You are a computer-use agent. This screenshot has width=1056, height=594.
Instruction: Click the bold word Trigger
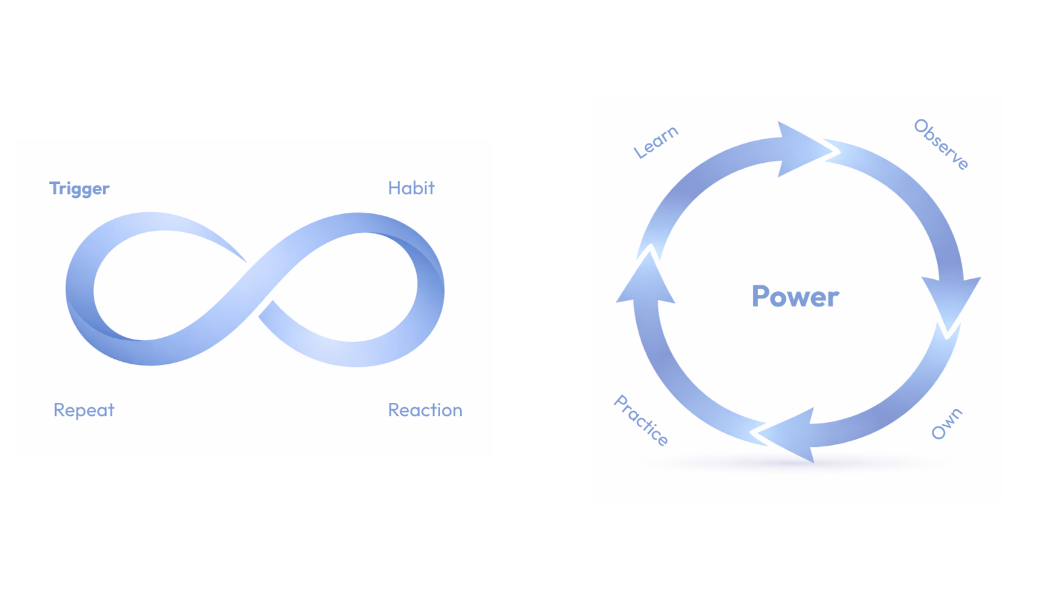point(79,189)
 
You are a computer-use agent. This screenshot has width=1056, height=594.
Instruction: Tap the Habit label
point(411,188)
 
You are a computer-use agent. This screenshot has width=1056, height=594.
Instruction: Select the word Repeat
point(83,410)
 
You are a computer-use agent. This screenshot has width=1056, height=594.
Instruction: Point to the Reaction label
point(425,410)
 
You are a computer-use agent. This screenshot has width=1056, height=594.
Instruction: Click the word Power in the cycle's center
point(795,297)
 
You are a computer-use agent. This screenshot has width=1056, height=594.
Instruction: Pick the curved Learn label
point(656,142)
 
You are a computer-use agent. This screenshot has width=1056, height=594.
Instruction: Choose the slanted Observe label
point(940,144)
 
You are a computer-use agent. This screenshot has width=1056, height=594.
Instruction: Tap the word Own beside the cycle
point(946,423)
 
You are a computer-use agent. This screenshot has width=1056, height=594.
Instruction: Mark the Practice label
point(641,420)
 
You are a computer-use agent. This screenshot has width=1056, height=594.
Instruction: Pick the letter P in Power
point(762,297)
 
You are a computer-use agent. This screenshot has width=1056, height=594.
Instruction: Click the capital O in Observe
point(921,126)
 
